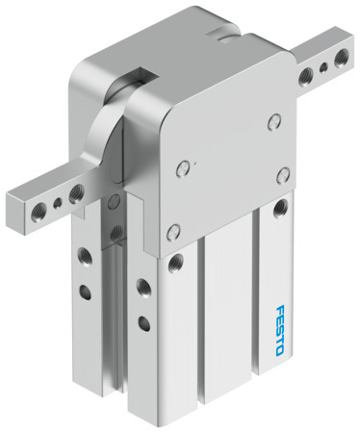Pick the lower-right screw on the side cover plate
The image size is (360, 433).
(x=283, y=173)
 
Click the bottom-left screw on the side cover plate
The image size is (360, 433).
(x=174, y=229)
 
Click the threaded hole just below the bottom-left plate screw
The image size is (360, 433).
(x=176, y=261)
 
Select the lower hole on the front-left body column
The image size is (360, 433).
(x=83, y=290)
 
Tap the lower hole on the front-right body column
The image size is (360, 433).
(x=145, y=319)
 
